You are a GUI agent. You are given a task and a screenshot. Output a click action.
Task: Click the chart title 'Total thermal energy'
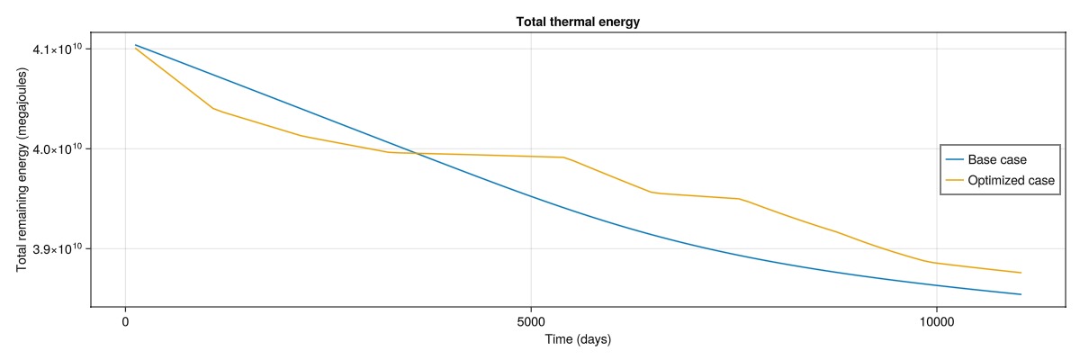coord(578,22)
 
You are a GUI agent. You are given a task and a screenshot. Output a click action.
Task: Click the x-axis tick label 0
coord(125,322)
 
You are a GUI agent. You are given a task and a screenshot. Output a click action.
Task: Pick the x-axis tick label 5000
coord(531,322)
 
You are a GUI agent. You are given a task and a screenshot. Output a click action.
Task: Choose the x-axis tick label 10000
coord(936,322)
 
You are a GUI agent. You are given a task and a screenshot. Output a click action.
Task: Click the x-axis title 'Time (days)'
coord(578,339)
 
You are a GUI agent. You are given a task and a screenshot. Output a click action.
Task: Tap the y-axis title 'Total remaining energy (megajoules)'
coord(22,169)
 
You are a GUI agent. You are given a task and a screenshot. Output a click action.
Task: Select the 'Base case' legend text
coord(997,159)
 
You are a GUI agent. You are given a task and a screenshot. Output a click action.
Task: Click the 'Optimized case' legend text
coord(1011,180)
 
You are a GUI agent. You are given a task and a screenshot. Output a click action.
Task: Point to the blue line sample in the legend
coord(954,159)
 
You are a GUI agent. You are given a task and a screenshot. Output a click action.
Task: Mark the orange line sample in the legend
coord(954,180)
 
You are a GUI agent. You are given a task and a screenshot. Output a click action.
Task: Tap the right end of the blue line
coord(1021,294)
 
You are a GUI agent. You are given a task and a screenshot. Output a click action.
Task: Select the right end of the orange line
coord(1021,273)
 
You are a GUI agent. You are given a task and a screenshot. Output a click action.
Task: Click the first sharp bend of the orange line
coord(213,108)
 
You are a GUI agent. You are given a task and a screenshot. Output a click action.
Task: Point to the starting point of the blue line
coord(136,45)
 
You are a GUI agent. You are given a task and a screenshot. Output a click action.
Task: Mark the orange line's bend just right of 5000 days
coord(563,157)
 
